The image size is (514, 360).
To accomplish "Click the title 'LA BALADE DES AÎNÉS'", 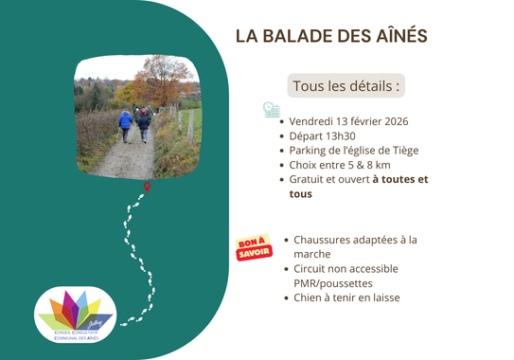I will (331, 36).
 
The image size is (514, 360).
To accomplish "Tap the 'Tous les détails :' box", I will (346, 86).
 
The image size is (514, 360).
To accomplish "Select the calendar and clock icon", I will (272, 111).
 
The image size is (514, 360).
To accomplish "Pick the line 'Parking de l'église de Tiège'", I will (355, 150).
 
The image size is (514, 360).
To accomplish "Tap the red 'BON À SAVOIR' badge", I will (253, 247).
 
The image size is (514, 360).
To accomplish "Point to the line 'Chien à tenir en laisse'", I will (346, 297).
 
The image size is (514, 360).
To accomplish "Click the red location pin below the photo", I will (147, 187).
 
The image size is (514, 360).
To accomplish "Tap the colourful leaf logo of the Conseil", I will (73, 309).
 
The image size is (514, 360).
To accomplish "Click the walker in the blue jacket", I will (125, 123).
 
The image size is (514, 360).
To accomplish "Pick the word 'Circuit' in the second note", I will (314, 268).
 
